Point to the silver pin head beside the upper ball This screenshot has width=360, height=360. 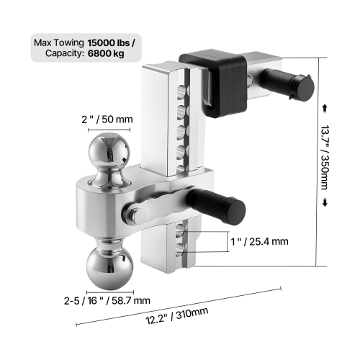(x=135, y=213)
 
